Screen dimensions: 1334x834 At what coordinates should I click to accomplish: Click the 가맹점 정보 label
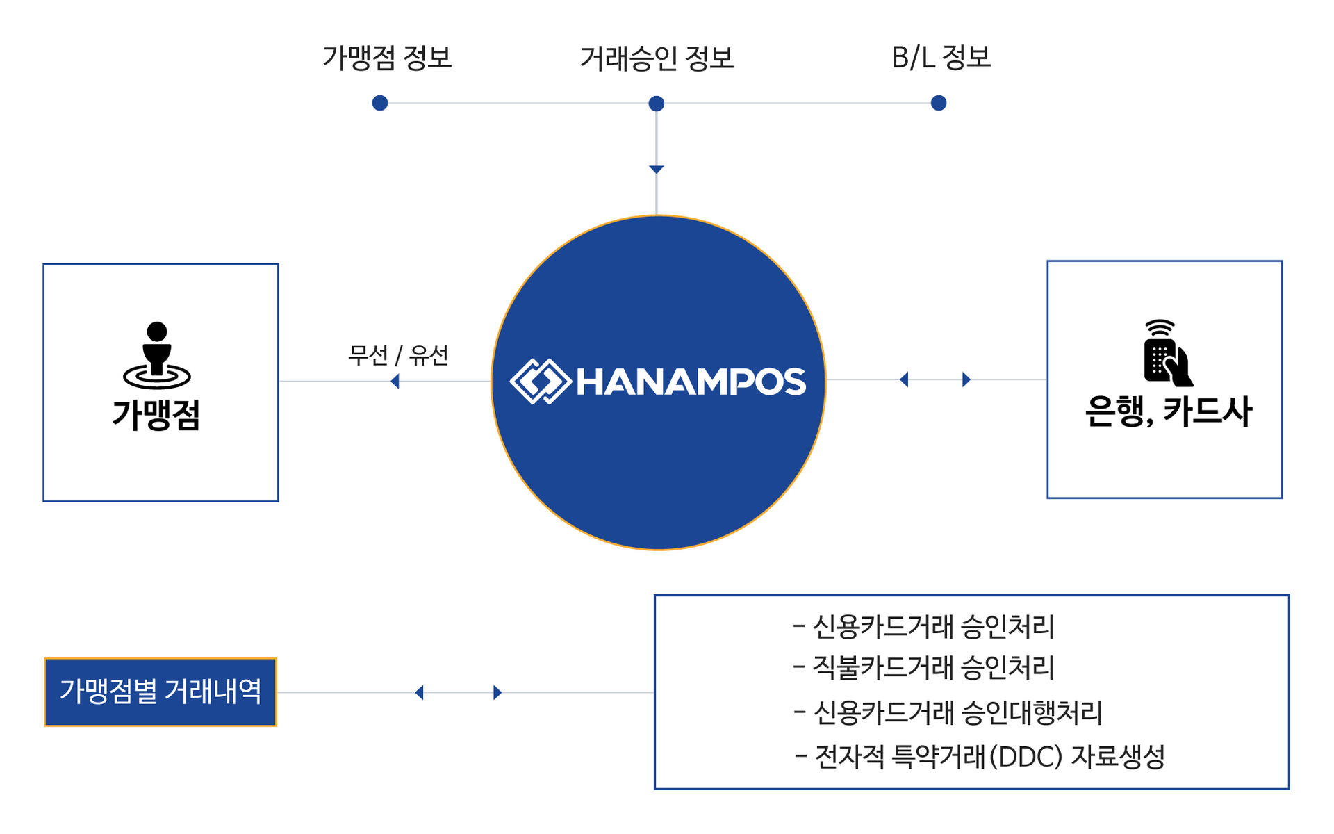[387, 58]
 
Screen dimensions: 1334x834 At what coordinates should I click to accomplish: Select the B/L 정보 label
[941, 58]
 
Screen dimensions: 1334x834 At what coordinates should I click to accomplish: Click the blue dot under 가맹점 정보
[380, 103]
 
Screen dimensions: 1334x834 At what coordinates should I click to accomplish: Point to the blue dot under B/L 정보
[939, 103]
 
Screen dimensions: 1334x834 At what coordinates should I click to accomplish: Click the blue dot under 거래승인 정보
[657, 104]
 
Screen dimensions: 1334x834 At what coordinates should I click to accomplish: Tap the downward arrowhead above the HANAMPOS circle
[657, 170]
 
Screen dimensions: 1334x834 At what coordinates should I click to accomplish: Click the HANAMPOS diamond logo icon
[541, 381]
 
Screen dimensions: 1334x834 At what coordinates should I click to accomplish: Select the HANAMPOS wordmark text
[691, 382]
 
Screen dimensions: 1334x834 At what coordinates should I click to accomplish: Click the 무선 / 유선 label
[398, 356]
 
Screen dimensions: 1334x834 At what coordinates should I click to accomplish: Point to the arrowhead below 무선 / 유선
[395, 381]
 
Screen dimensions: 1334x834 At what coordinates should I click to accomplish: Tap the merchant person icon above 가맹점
[157, 355]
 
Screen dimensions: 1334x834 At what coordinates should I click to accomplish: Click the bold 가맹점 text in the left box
[156, 415]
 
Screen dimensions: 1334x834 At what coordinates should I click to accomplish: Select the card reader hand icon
[1168, 353]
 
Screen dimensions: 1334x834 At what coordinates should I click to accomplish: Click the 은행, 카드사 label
[1169, 411]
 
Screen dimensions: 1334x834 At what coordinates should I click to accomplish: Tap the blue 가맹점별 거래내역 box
[160, 692]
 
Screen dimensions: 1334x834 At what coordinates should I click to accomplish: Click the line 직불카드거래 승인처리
[924, 668]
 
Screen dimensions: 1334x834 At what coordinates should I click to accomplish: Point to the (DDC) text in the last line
[1026, 757]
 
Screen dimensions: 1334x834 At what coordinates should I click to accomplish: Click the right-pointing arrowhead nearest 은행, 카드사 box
[966, 379]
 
